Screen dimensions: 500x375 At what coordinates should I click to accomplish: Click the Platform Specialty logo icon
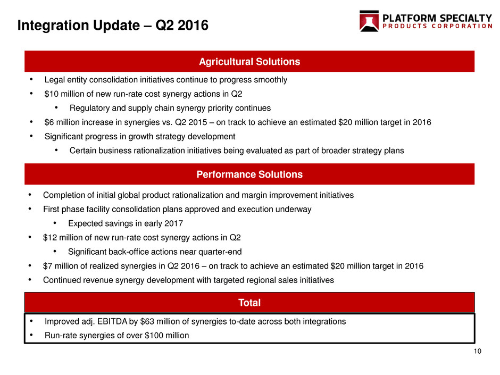(369, 21)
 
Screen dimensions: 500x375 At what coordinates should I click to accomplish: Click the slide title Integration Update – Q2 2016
(113, 25)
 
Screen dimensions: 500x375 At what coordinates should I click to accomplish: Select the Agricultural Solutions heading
(249, 62)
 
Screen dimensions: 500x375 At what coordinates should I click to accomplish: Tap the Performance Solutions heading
(249, 174)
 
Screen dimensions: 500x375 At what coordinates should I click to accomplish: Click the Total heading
(249, 303)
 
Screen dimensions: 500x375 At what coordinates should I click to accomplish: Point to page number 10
(477, 352)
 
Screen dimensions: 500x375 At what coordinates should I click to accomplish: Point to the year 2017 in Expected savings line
(174, 223)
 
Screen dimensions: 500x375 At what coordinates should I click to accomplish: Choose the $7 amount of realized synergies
(47, 266)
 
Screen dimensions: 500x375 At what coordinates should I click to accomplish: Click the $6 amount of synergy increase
(49, 122)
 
